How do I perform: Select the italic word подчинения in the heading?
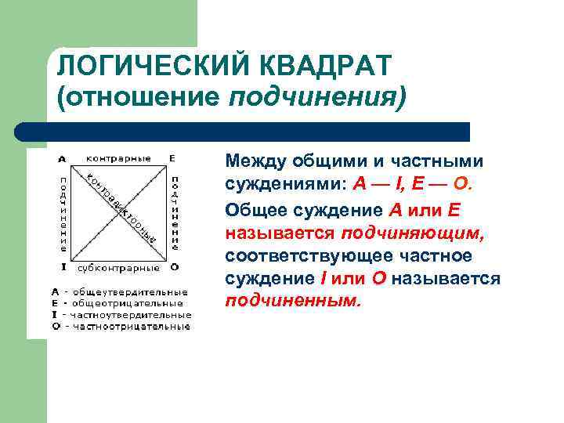point(318,98)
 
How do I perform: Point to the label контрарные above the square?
point(118,157)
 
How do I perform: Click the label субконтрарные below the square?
point(118,267)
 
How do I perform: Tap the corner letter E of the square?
point(172,157)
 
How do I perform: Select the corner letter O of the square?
point(174,267)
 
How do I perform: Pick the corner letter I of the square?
point(63,267)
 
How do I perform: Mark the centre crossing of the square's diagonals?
point(119,212)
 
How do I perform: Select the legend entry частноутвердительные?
point(132,314)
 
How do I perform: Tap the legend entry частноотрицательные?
point(132,325)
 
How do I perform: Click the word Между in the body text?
point(256,162)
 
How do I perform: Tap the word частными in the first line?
point(441,162)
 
